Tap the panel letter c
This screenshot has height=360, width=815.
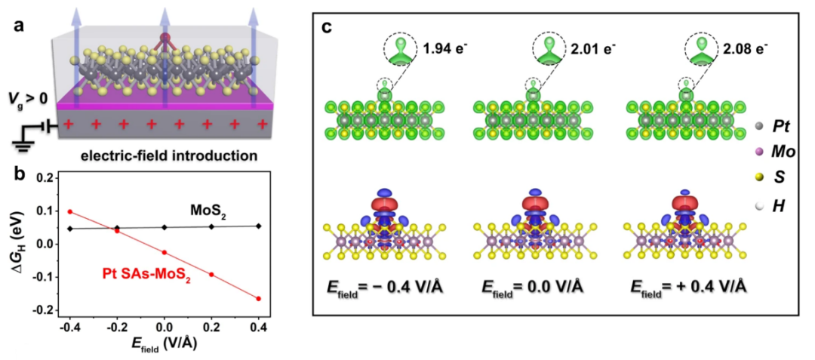coord(328,28)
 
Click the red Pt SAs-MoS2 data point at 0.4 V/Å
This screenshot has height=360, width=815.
coord(258,299)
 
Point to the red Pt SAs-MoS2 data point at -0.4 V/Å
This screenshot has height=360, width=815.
coord(70,212)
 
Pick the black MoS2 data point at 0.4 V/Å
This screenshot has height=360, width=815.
coord(258,226)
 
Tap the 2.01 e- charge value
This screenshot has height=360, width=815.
coord(596,48)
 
